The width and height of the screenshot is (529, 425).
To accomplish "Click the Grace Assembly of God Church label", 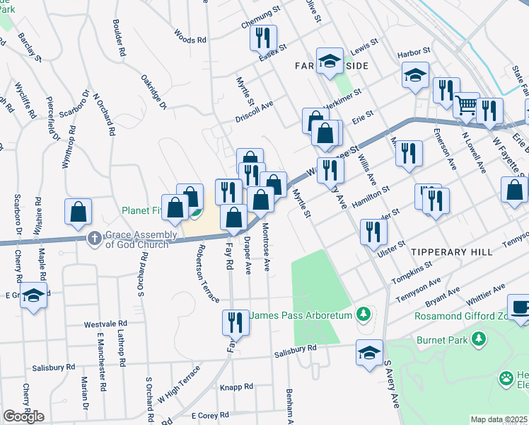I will [136, 239].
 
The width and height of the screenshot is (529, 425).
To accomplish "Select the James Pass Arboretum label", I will [301, 314].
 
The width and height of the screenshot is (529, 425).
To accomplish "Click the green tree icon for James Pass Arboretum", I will [364, 313].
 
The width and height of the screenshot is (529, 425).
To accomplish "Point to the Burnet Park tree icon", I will [479, 339].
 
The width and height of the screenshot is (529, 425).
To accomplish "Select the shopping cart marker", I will [466, 106].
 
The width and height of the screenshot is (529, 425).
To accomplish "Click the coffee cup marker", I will [521, 307].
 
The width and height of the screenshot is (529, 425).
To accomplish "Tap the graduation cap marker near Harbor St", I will [415, 74].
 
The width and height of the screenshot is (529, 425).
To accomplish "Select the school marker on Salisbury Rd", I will [369, 353].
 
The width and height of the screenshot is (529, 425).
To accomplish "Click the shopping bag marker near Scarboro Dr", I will [78, 211].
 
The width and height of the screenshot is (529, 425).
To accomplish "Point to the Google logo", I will [23, 416].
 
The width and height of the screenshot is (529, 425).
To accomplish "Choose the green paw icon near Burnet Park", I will [506, 378].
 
